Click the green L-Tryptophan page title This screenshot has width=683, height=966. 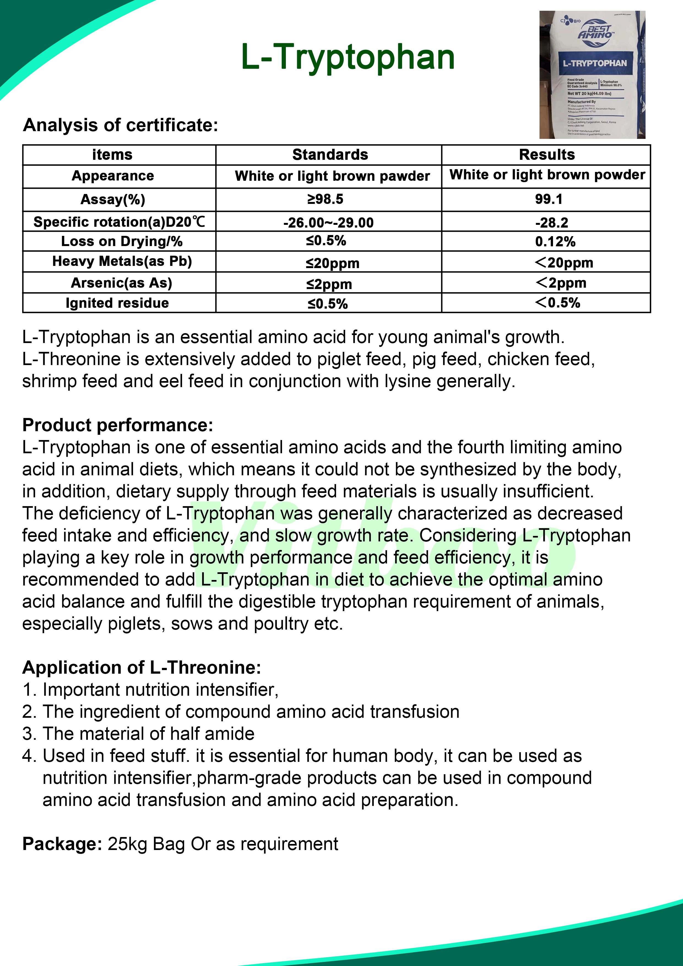click(347, 57)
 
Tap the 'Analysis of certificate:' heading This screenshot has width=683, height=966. click(121, 125)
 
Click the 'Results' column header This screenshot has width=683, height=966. click(546, 155)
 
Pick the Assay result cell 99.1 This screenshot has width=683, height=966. click(548, 199)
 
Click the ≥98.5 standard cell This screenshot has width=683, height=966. click(325, 199)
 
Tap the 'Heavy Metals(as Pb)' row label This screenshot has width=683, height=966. click(122, 261)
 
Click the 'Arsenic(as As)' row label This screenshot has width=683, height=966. click(121, 283)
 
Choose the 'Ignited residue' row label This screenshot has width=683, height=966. click(117, 303)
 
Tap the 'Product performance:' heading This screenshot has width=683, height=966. click(118, 425)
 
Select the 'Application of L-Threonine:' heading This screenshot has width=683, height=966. click(142, 668)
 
